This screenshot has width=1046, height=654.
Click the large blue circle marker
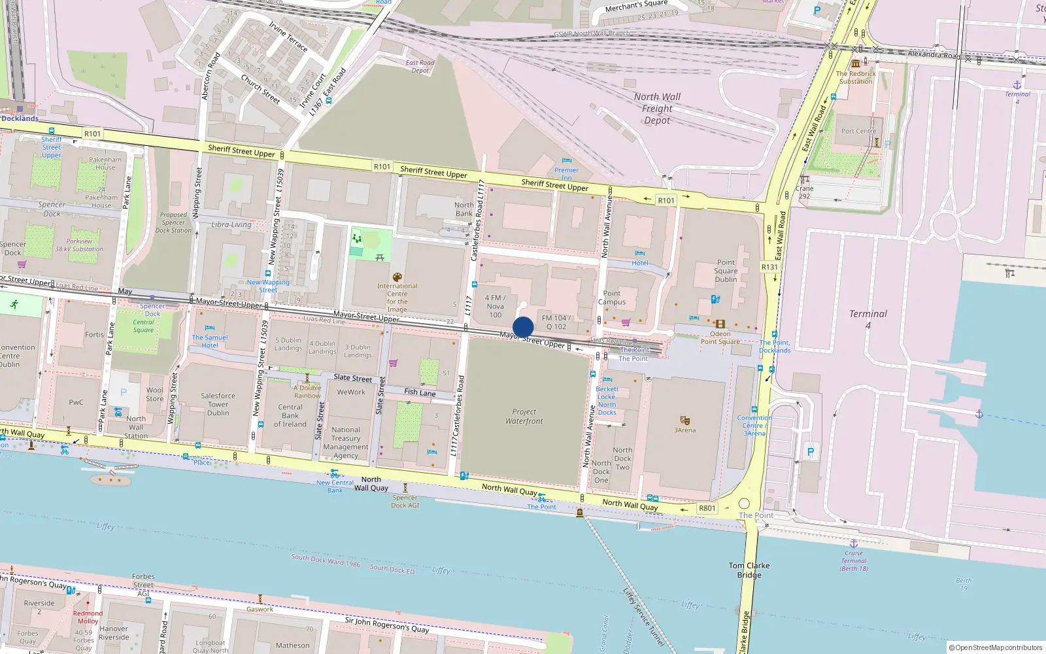523,327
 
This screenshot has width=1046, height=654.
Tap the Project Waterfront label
524,417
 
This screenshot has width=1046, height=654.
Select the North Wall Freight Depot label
657,109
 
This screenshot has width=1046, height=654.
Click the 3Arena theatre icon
684,420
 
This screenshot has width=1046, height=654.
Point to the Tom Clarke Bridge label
749,570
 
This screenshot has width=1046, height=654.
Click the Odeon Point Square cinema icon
720,324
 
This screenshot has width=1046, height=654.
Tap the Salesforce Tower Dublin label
218,404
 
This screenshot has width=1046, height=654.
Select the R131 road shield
769,267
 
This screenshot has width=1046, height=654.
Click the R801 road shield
707,508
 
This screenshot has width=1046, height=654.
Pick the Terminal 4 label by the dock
868,318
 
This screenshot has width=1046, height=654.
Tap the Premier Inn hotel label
566,173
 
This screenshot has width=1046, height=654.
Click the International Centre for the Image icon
397,277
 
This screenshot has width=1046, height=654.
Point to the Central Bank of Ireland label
290,415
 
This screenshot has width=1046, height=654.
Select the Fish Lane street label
420,392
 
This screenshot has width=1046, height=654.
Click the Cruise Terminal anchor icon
853,543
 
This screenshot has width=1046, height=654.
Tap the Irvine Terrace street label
288,36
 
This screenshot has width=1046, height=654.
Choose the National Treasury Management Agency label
346,443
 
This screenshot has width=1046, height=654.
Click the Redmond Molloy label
88,617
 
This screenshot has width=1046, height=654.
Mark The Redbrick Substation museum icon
855,63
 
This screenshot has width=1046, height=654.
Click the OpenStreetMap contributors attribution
995,647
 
